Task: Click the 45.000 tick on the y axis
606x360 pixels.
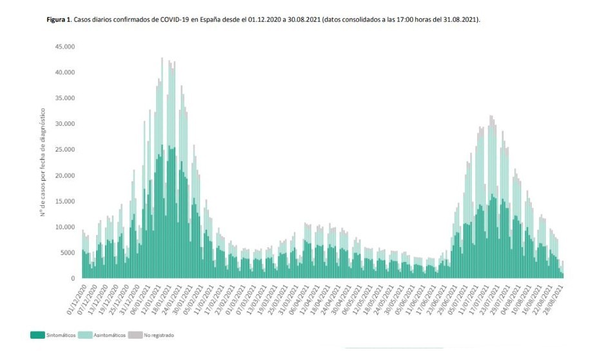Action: [64, 46]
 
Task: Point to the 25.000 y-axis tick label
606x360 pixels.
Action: [64, 150]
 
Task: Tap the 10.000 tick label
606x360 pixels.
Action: [64, 227]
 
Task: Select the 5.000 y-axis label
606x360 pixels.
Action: [66, 253]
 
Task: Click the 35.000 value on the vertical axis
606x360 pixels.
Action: [64, 98]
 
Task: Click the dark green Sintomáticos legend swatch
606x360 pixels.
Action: [37, 335]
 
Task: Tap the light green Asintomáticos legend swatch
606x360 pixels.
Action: [84, 335]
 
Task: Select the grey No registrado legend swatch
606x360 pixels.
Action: [135, 335]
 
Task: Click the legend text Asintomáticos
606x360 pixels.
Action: [109, 335]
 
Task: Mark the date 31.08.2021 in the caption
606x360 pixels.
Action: [462, 20]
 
